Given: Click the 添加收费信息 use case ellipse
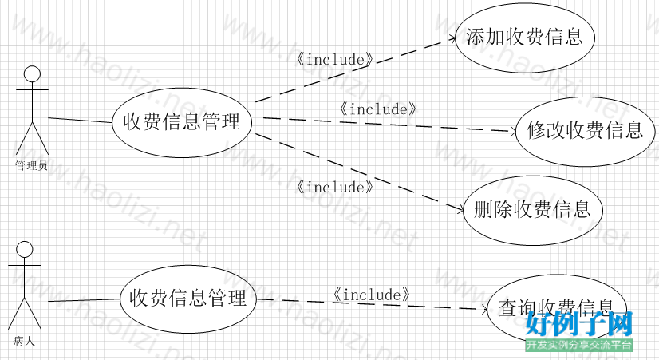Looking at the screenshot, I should (x=525, y=37).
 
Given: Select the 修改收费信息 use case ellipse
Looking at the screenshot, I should (x=584, y=131).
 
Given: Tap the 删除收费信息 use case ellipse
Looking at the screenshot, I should (x=532, y=210).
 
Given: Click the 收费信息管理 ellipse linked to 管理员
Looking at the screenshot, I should (x=182, y=122).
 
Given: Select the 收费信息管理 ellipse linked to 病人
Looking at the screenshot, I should (x=188, y=299).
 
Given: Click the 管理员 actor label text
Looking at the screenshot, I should (x=31, y=166).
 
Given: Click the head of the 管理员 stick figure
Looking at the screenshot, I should (x=32, y=74).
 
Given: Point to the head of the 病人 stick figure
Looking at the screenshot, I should (x=25, y=248).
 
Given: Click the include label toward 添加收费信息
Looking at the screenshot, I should (x=335, y=60).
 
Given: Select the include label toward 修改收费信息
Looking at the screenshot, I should (x=378, y=109).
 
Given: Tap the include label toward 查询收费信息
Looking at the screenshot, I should (x=372, y=295).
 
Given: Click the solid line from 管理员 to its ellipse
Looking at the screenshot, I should (x=80, y=121).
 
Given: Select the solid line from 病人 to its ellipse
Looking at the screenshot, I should (x=84, y=300).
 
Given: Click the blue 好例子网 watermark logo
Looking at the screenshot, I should (x=579, y=326).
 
